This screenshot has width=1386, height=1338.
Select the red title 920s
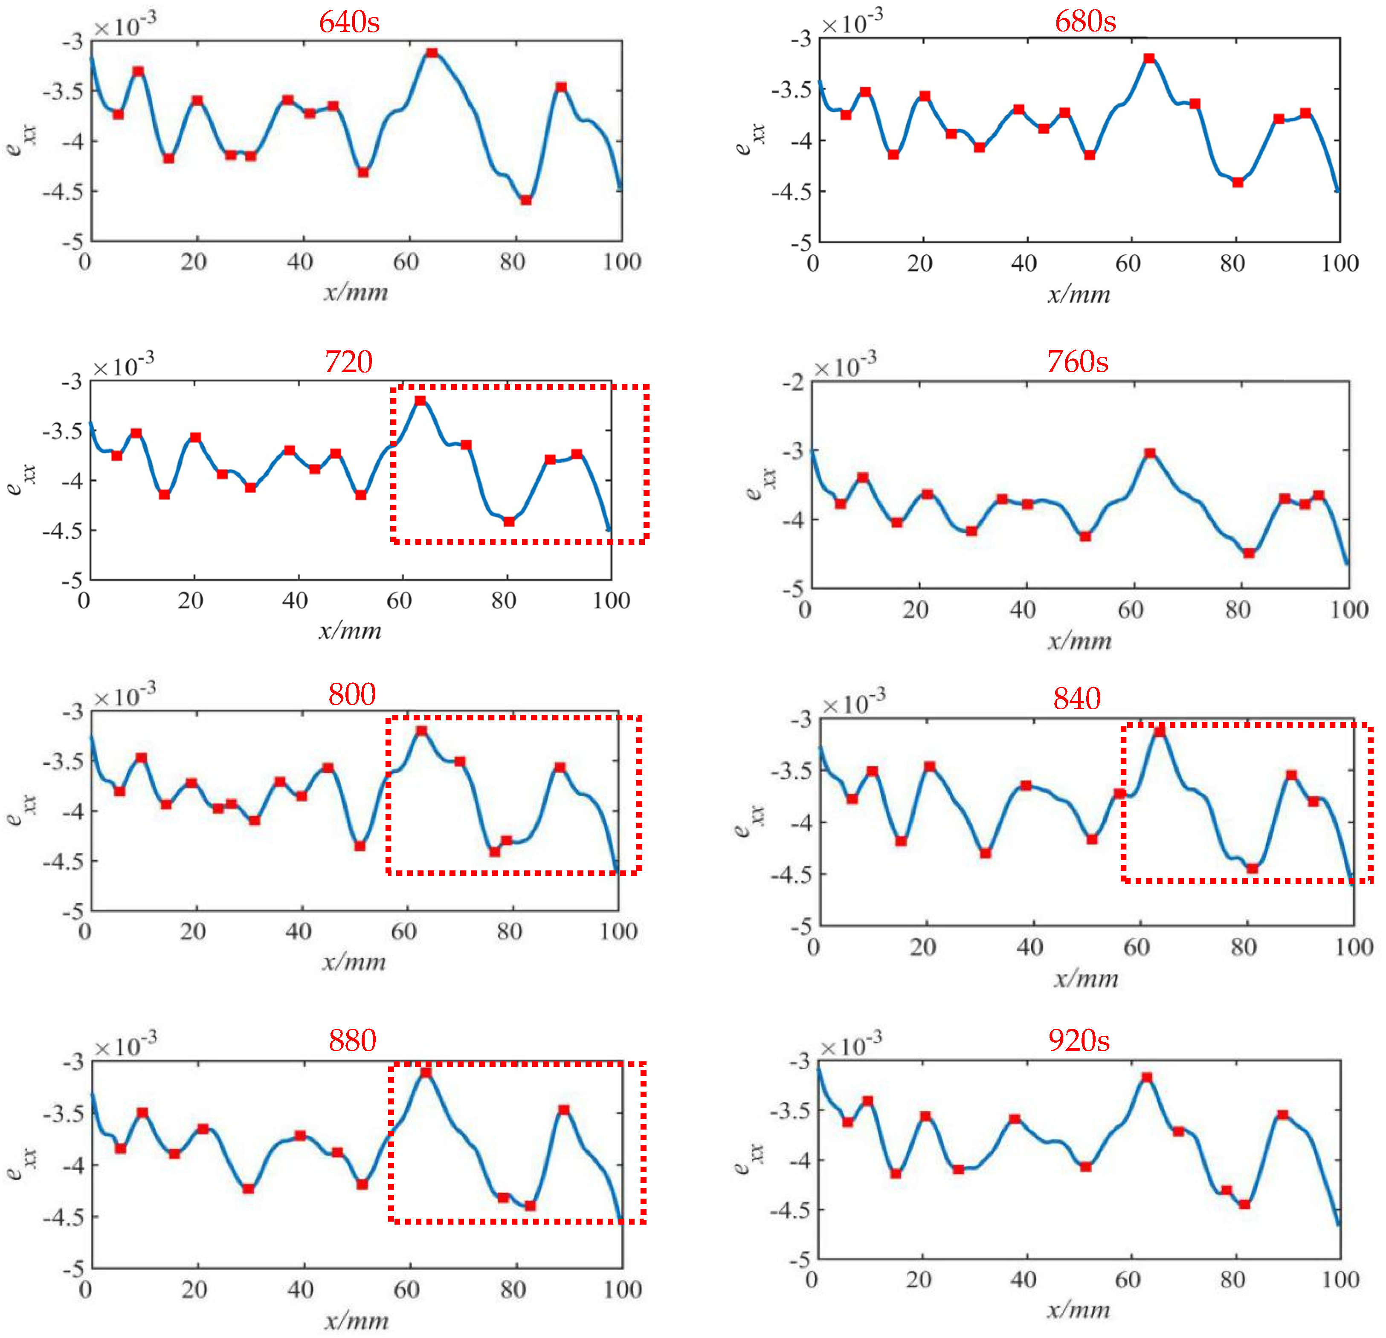[x=1079, y=1040]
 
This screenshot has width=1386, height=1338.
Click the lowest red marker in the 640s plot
[x=526, y=200]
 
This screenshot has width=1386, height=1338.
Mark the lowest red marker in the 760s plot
[x=1249, y=553]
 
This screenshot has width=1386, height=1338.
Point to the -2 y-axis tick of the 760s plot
[x=793, y=382]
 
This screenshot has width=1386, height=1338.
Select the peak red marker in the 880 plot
[x=426, y=1073]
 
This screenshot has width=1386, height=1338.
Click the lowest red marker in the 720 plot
[x=509, y=522]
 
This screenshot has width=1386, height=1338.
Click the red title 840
[x=1076, y=699]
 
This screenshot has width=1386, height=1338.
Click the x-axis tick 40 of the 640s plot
[x=300, y=262]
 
